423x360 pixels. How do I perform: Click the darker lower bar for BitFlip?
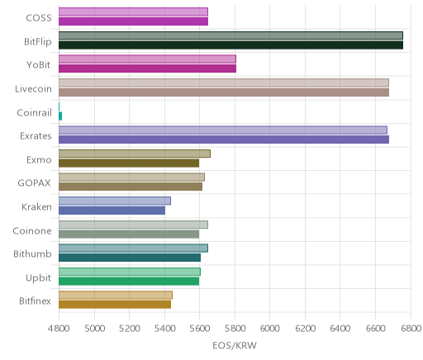(x=231, y=45)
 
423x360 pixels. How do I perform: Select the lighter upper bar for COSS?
(x=133, y=12)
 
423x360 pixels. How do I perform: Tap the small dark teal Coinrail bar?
(x=60, y=116)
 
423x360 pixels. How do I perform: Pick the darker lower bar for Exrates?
(x=224, y=140)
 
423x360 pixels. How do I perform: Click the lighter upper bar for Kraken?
(x=115, y=201)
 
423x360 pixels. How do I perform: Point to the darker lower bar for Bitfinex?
(x=115, y=305)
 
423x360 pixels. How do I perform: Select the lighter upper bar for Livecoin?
(x=224, y=83)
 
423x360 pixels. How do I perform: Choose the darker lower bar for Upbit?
(x=129, y=282)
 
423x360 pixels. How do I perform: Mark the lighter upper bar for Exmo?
(x=135, y=154)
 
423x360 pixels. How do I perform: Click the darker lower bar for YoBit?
(x=147, y=69)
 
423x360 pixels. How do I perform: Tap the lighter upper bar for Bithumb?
(x=133, y=248)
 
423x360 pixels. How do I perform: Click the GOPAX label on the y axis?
(x=34, y=183)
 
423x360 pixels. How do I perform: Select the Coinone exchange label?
(x=32, y=230)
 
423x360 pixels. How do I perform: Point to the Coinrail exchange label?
(x=35, y=112)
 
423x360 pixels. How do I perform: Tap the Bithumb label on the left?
(x=32, y=253)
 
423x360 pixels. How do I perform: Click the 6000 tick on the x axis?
(x=270, y=329)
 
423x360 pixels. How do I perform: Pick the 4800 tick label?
(x=59, y=329)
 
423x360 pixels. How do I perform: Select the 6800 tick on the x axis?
(x=411, y=329)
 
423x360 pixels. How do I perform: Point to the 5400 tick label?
(x=164, y=329)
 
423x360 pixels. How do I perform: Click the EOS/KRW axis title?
(x=235, y=345)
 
